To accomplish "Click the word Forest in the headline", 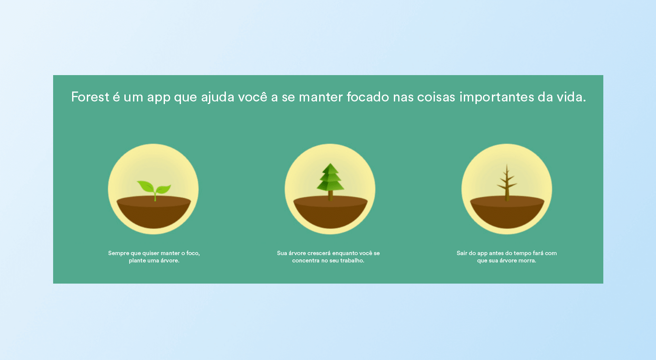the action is [x=90, y=97].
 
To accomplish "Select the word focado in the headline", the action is [x=368, y=97].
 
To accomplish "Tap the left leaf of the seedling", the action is [x=145, y=186].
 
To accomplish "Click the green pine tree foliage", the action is [x=330, y=177].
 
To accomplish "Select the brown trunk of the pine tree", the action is [x=330, y=196].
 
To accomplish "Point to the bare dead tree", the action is [x=507, y=183].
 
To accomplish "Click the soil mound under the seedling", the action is [x=154, y=212].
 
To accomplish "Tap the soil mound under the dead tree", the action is [x=507, y=212].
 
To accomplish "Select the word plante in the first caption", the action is [x=137, y=261].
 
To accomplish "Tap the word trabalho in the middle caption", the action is [x=352, y=260].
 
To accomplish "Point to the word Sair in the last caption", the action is [x=462, y=253].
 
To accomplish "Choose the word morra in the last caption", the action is [x=527, y=260].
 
